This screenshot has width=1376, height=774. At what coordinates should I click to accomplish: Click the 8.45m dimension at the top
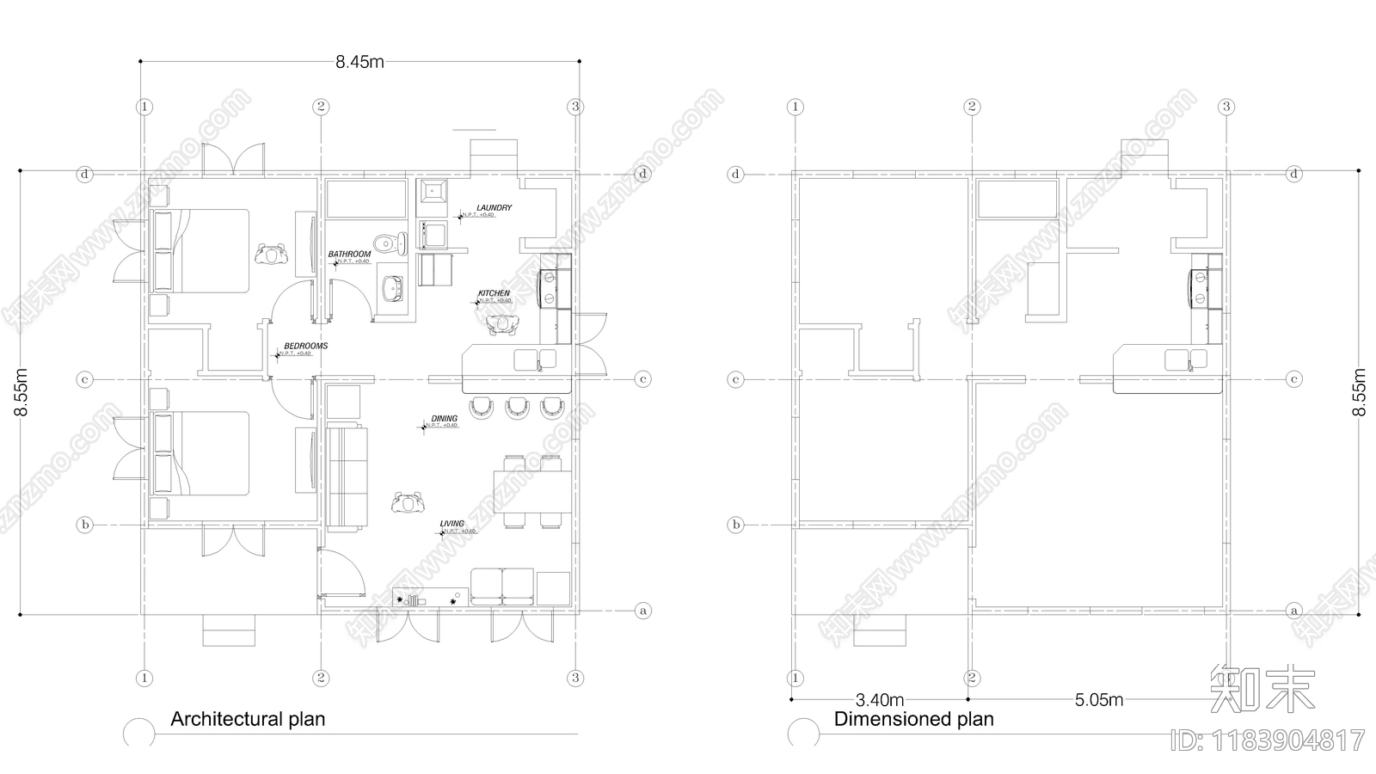tap(359, 62)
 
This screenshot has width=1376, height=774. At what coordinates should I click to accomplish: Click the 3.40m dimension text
tap(879, 699)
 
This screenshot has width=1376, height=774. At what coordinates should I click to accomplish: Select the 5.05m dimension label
tap(1098, 699)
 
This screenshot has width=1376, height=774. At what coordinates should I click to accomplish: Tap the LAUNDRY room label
tap(494, 207)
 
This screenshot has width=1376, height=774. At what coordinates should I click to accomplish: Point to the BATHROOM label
tap(349, 255)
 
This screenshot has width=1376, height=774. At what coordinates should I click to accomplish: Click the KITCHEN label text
tap(494, 293)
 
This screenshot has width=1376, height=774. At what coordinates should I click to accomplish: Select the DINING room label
tap(444, 419)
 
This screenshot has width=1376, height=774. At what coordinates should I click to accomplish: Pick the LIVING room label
tap(451, 524)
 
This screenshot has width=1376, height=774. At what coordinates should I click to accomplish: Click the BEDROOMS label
tap(305, 346)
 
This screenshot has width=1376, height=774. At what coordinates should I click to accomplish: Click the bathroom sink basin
tap(393, 290)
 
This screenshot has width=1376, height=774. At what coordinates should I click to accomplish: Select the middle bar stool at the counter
tap(517, 407)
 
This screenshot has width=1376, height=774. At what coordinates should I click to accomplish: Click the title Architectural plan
tap(248, 719)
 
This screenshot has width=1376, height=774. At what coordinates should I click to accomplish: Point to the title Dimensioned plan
tap(913, 719)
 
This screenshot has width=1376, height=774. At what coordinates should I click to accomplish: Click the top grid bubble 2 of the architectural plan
tap(321, 107)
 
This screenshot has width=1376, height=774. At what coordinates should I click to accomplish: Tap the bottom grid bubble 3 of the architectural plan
tap(575, 679)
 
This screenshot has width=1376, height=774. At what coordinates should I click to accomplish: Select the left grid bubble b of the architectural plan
tap(84, 525)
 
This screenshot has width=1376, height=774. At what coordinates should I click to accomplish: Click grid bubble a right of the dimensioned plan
tap(1293, 611)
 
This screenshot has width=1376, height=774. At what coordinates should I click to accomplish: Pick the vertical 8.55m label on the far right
tap(1359, 392)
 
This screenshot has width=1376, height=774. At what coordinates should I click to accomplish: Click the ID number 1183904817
tap(1268, 740)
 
